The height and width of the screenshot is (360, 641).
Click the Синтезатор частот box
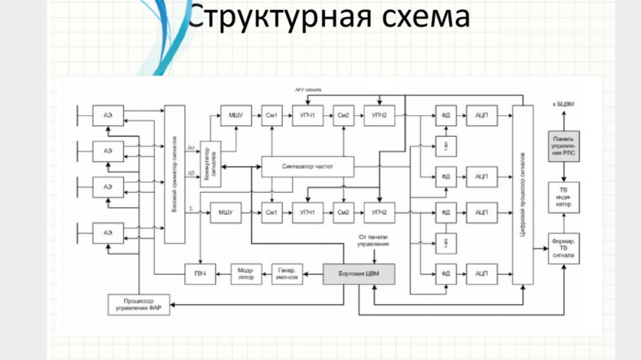click(x=308, y=167)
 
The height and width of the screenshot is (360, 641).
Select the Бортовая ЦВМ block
click(x=359, y=273)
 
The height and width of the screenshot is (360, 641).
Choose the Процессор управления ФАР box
click(x=138, y=305)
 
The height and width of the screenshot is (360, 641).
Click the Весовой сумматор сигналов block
click(x=174, y=174)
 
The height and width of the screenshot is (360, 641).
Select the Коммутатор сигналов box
click(x=209, y=165)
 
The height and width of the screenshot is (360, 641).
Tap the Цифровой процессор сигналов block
click(x=523, y=195)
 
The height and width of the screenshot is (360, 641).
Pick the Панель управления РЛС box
click(x=563, y=146)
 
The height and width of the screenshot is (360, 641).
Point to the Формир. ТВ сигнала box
click(x=563, y=248)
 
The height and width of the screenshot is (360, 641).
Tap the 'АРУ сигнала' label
click(x=308, y=90)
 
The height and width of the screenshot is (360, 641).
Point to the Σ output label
click(x=190, y=208)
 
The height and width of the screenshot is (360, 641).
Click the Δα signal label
click(x=191, y=148)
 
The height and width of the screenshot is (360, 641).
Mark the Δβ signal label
click(x=191, y=173)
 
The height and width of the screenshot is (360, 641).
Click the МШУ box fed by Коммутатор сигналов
click(x=236, y=116)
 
